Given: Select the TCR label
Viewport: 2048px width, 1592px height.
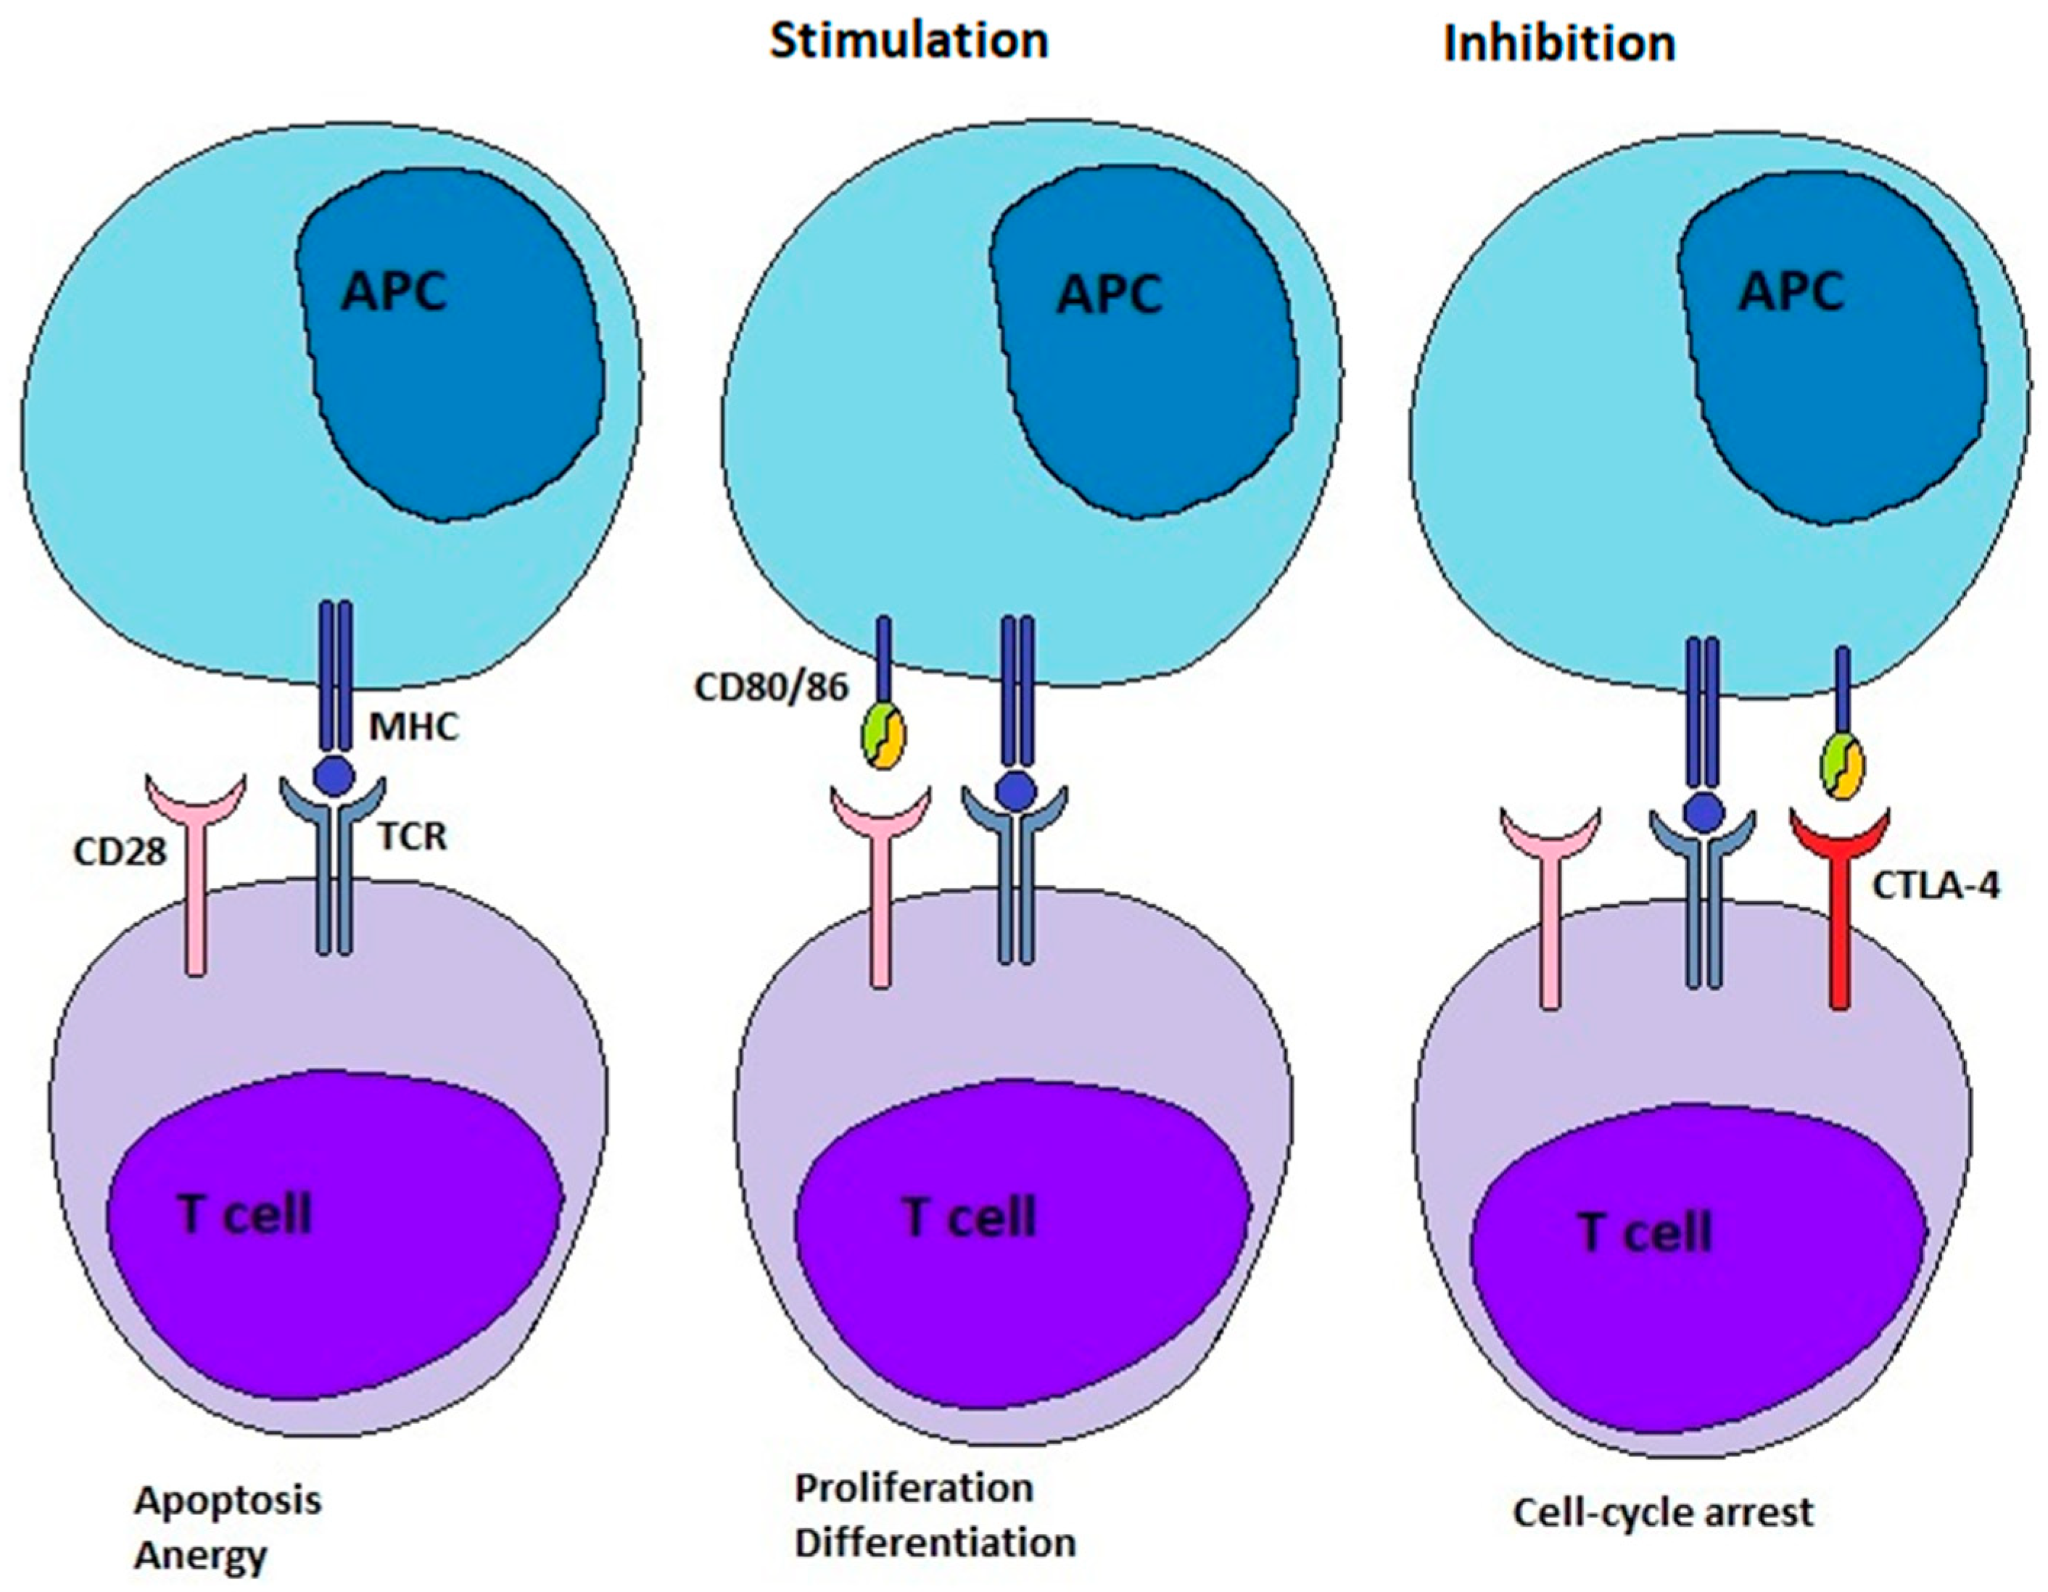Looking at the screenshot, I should (413, 835).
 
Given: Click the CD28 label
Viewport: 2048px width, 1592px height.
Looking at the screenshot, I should (120, 851).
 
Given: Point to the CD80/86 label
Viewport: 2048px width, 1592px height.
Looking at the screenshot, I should (771, 688).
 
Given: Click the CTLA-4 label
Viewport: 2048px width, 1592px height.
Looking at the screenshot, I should (1936, 885).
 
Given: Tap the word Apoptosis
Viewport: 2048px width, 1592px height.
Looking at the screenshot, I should (228, 1500).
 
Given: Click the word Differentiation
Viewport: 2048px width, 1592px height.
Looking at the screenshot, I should (935, 1542).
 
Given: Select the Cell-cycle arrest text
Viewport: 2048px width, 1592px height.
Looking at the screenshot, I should (1663, 1512).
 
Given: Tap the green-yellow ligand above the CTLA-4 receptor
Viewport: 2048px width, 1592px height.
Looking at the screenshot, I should (1842, 771).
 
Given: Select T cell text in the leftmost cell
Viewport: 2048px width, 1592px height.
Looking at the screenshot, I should (244, 1215).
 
